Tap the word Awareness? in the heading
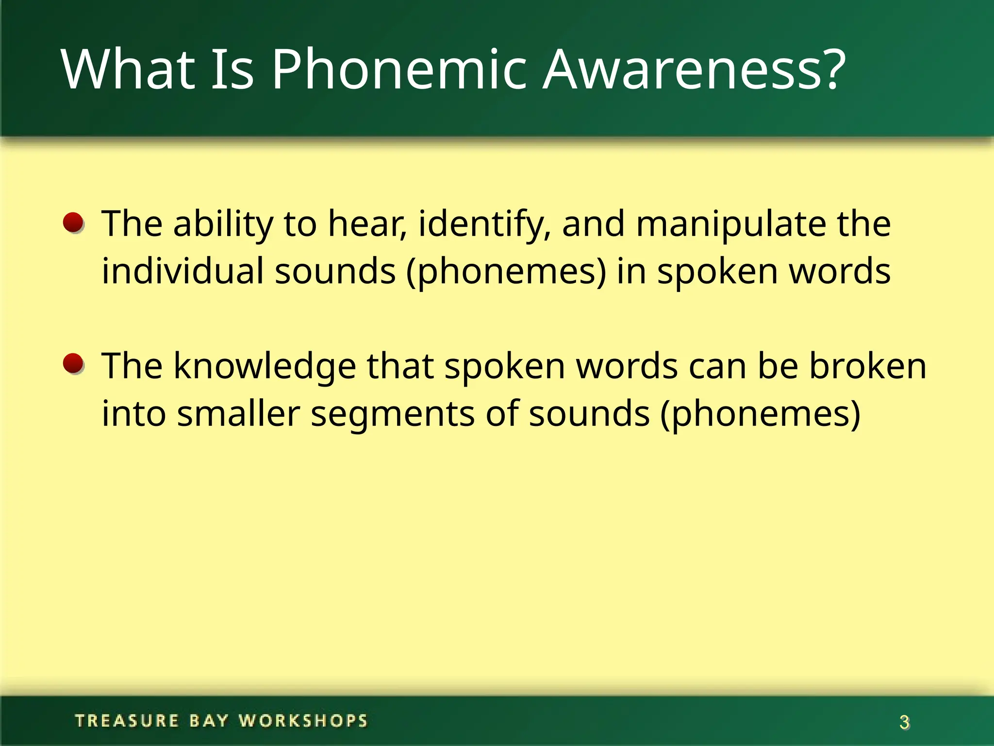point(694,70)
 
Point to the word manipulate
point(731,224)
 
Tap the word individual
point(182,271)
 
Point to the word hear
point(366,224)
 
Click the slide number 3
point(904,723)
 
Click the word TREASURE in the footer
point(127,721)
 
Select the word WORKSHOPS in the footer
point(303,721)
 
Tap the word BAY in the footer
point(209,721)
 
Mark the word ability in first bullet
point(223,224)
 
